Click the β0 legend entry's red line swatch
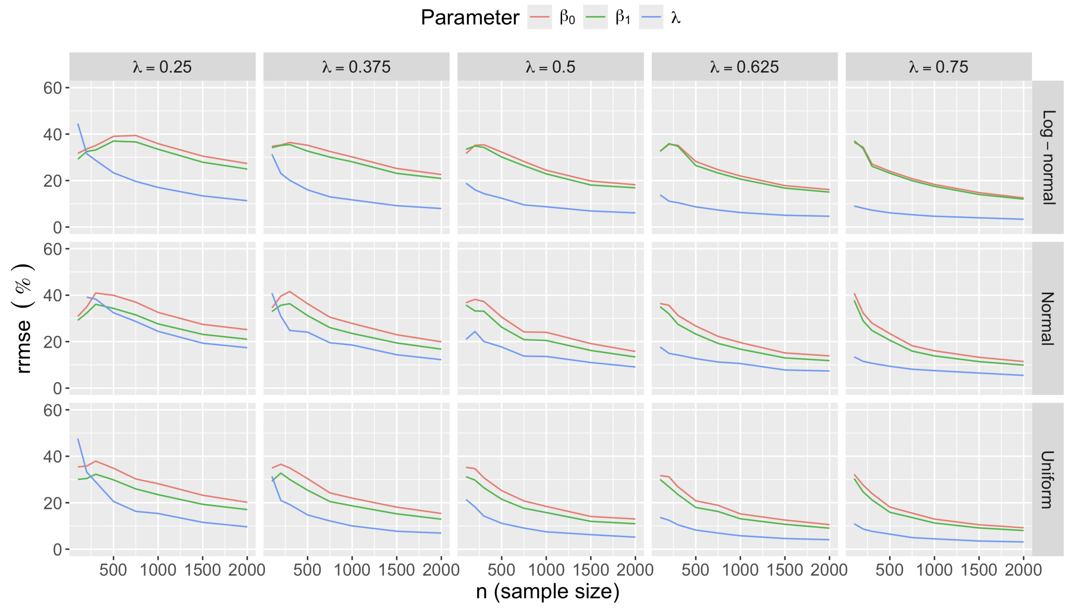[539, 17]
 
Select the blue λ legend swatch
[651, 17]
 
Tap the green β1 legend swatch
[595, 17]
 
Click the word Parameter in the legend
[469, 18]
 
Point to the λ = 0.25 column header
[162, 67]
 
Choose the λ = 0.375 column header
[356, 67]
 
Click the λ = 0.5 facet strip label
[550, 67]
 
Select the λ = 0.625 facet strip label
[744, 67]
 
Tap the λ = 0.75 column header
[938, 67]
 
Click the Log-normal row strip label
[1048, 157]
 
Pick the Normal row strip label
[1048, 318]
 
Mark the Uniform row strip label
[1048, 479]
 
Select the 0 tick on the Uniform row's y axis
[57, 549]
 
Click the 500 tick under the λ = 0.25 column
[113, 570]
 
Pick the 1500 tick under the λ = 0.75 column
[978, 570]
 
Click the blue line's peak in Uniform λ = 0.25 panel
[78, 439]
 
